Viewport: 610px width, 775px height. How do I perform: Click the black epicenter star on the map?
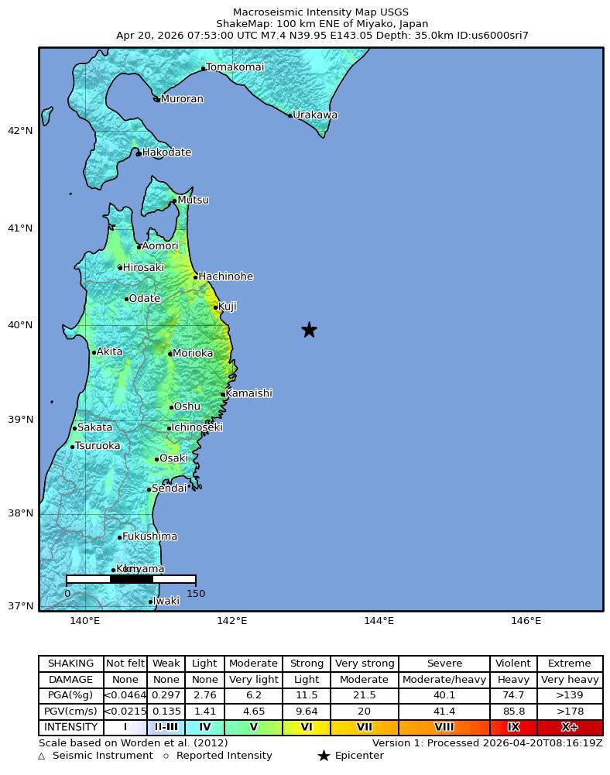[309, 330]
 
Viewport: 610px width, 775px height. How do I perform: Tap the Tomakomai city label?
[235, 67]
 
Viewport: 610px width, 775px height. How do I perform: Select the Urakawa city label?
[315, 115]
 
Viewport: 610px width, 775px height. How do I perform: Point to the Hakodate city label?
[166, 153]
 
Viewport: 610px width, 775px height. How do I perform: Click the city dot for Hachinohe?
[195, 277]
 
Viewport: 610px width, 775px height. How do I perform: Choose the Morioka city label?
[193, 353]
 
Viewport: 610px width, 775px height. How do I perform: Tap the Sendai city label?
[169, 489]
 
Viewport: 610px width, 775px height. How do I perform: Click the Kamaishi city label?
[248, 393]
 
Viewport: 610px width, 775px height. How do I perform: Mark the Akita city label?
[109, 351]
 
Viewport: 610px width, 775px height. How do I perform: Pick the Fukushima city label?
[149, 537]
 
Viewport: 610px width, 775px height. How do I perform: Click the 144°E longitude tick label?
[379, 621]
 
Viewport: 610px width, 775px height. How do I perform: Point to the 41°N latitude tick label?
[20, 228]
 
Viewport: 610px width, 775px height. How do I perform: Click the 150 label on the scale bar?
[196, 594]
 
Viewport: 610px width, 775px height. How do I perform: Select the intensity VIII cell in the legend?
[444, 728]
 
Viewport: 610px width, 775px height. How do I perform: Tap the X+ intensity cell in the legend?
[570, 728]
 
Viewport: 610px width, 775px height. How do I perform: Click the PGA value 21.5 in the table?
[365, 696]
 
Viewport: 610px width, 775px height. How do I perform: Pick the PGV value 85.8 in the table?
[513, 712]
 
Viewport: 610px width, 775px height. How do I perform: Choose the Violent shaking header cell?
[513, 664]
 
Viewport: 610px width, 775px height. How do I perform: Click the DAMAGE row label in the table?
[70, 680]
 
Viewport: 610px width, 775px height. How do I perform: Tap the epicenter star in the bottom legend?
[324, 756]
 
